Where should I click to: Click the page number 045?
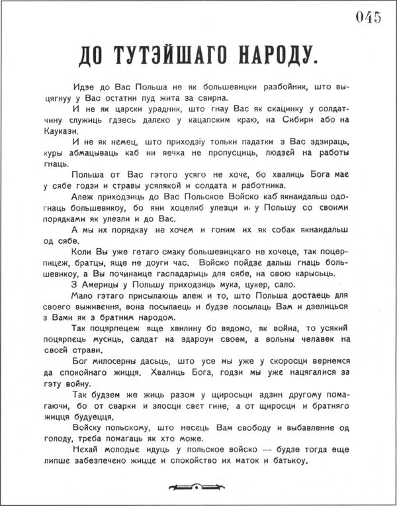(x=368, y=18)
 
